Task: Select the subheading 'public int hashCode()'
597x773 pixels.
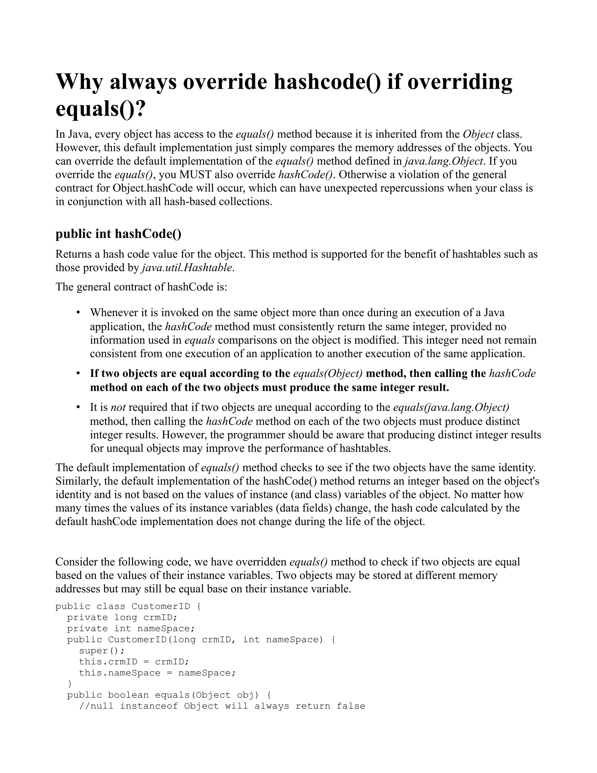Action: pyautogui.click(x=118, y=234)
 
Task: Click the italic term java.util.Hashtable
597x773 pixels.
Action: pyautogui.click(x=187, y=267)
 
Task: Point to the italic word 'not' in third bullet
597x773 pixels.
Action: pyautogui.click(x=118, y=408)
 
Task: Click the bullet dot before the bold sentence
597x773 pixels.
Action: pyautogui.click(x=78, y=373)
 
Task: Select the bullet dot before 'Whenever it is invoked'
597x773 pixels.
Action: pyautogui.click(x=78, y=312)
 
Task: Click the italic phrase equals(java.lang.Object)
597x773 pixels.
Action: pyautogui.click(x=451, y=408)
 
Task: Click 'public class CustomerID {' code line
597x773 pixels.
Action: pyautogui.click(x=128, y=606)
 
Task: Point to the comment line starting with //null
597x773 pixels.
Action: pyautogui.click(x=222, y=706)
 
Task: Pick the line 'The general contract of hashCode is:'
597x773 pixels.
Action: pyautogui.click(x=141, y=286)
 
